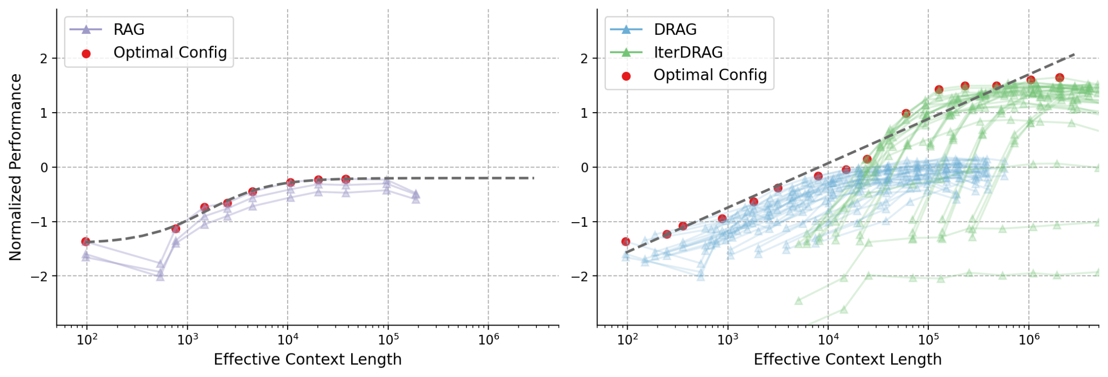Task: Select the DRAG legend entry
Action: (674, 30)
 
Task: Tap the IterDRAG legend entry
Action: (687, 52)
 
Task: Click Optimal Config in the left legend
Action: (170, 53)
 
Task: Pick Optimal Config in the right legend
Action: (710, 75)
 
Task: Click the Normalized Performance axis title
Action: (15, 167)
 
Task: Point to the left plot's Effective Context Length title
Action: (307, 359)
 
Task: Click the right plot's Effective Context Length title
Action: (847, 359)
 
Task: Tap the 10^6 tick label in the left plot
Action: (488, 340)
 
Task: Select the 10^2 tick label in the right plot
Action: (627, 340)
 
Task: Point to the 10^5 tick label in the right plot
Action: (928, 340)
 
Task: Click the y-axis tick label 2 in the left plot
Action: (44, 59)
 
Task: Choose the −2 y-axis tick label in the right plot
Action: (580, 277)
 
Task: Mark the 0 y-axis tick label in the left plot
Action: (44, 167)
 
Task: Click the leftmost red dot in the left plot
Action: (86, 242)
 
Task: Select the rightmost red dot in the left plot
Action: (346, 179)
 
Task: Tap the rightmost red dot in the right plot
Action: (1059, 77)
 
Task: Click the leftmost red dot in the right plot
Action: (626, 242)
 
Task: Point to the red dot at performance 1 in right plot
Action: (906, 113)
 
